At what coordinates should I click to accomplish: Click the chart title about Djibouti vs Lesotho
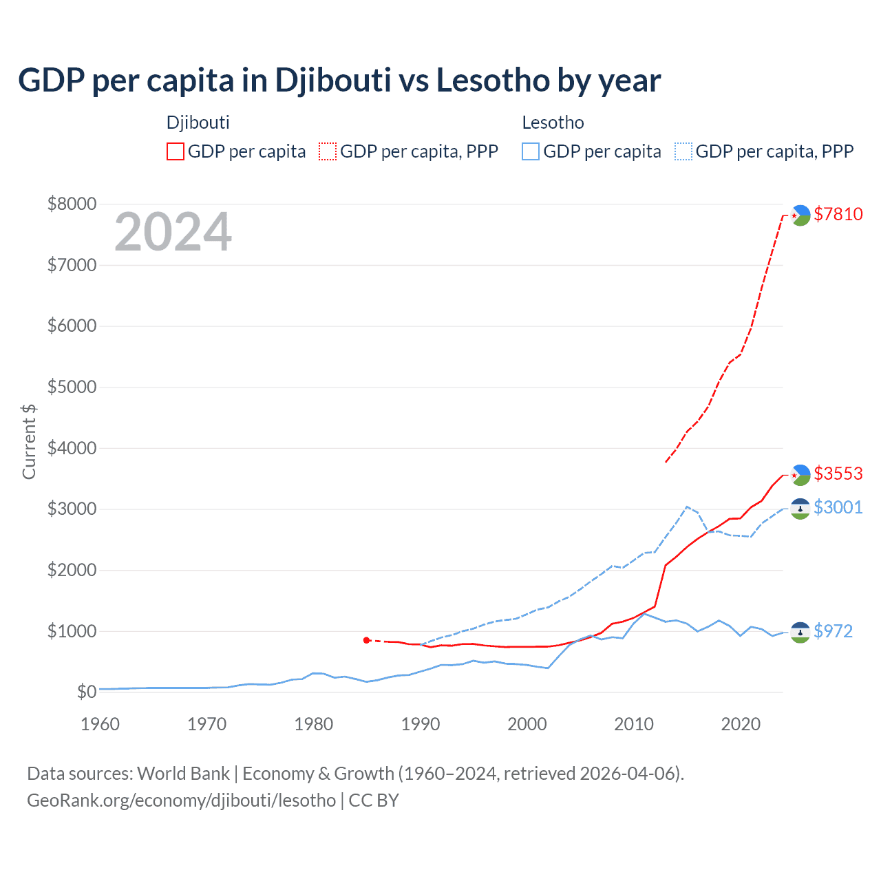(339, 81)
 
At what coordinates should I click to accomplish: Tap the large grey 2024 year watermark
(173, 233)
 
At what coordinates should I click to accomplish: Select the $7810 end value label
(838, 214)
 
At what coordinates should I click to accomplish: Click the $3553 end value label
(838, 474)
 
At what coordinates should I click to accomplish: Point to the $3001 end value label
(838, 507)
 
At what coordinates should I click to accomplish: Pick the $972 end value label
(833, 631)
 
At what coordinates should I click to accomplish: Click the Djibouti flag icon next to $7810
(800, 215)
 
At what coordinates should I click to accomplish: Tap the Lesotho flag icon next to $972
(800, 632)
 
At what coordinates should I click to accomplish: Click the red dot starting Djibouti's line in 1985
(367, 640)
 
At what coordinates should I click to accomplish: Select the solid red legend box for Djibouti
(176, 151)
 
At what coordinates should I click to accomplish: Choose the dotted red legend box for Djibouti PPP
(328, 151)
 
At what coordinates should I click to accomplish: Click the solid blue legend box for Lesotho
(531, 151)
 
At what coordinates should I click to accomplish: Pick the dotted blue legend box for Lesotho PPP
(683, 151)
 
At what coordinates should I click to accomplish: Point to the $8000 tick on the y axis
(71, 204)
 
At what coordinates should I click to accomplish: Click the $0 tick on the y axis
(86, 692)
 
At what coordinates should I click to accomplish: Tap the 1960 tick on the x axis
(100, 724)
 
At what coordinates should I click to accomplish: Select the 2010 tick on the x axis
(634, 724)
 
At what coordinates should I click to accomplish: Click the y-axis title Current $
(29, 442)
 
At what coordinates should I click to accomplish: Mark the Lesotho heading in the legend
(553, 123)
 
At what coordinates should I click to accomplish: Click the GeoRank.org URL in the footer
(181, 800)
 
